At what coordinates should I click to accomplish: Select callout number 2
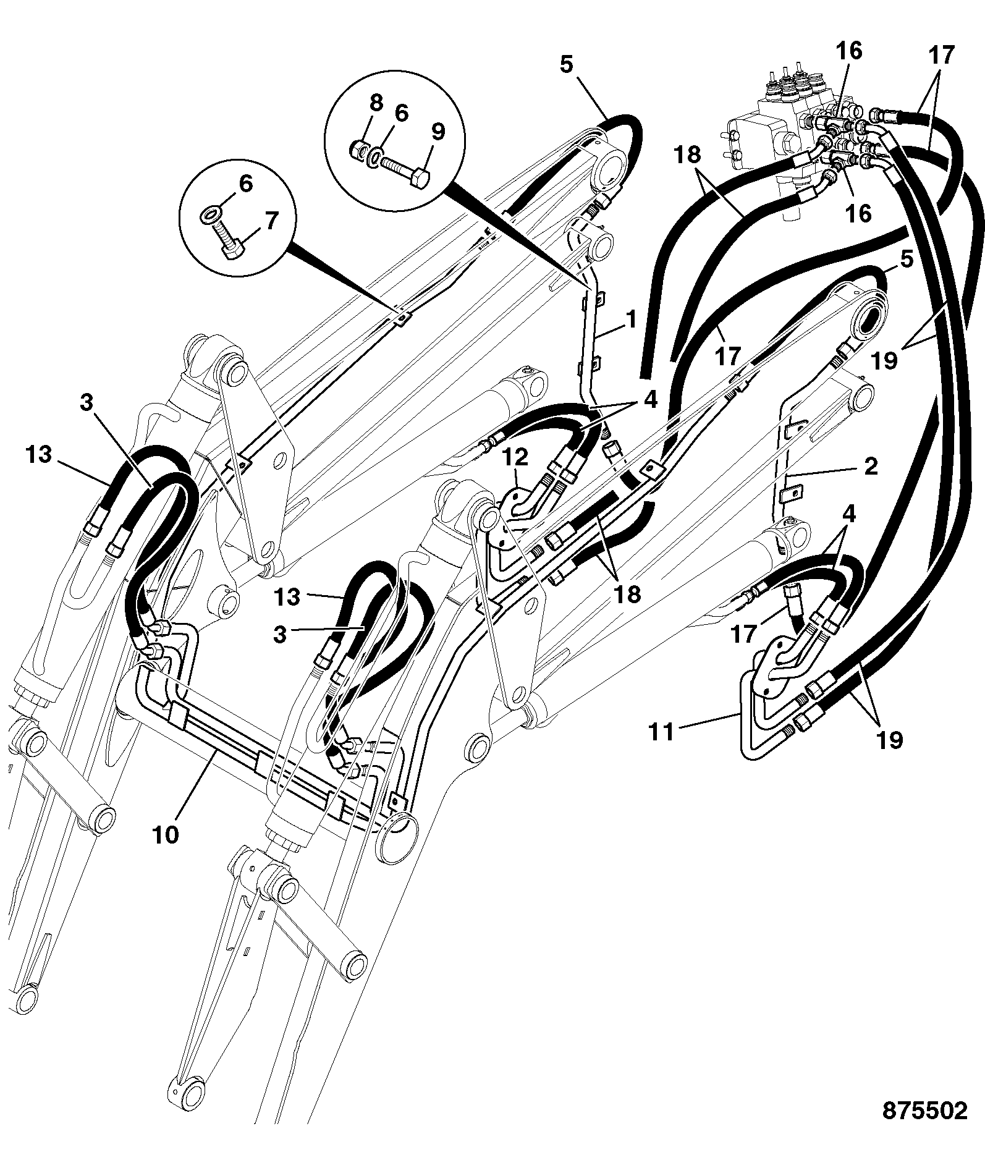click(x=871, y=467)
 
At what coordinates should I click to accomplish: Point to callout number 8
click(x=376, y=103)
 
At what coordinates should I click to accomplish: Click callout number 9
click(x=438, y=131)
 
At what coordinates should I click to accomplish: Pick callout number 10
click(x=166, y=834)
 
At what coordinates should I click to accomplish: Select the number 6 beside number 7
click(x=246, y=184)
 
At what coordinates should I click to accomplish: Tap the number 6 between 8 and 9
click(x=402, y=113)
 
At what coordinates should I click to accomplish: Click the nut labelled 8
click(x=358, y=149)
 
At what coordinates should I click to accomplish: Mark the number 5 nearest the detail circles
click(x=567, y=65)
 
